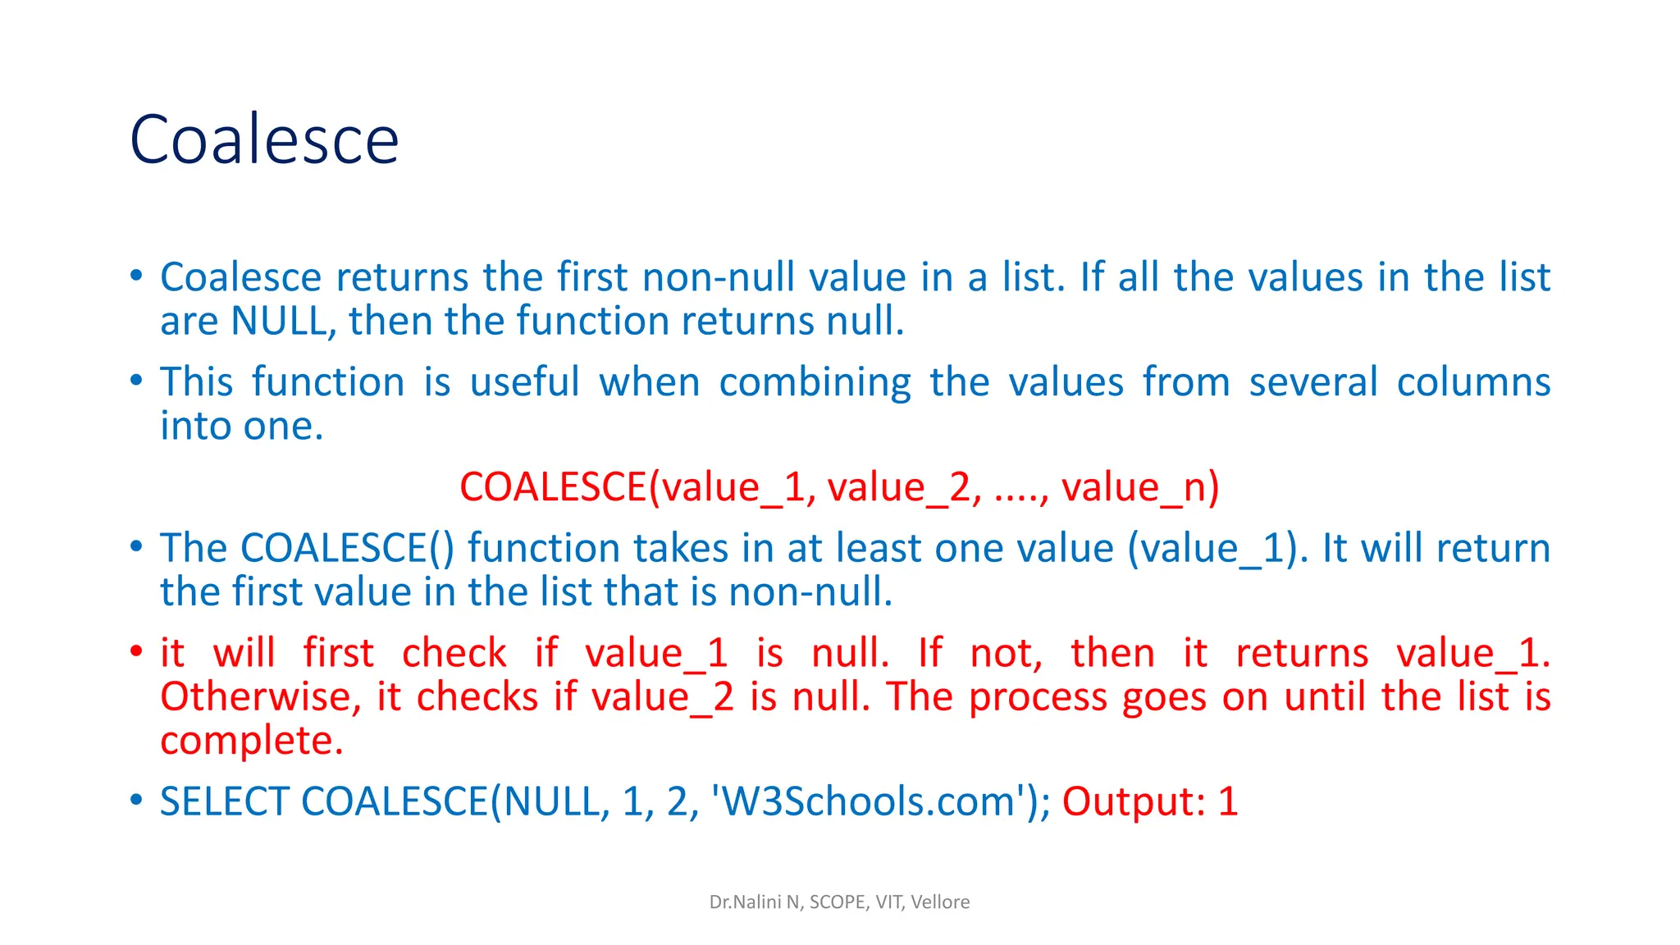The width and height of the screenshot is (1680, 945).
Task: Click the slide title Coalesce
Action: [x=264, y=139]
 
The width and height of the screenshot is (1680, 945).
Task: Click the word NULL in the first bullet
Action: [x=280, y=321]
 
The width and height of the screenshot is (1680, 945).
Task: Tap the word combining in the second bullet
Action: [x=815, y=382]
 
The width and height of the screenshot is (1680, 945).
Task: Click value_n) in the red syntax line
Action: [x=1140, y=487]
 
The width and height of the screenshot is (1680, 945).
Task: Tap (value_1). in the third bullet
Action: [x=1217, y=548]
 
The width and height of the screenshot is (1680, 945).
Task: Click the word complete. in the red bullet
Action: [x=251, y=740]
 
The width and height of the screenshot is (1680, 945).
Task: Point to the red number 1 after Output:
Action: [x=1228, y=801]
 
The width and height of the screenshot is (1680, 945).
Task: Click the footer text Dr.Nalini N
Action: [x=755, y=902]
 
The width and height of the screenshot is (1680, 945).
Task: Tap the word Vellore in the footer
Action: [x=940, y=902]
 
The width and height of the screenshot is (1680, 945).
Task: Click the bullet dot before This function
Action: [x=136, y=380]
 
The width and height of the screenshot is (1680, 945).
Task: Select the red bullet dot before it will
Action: [x=136, y=651]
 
